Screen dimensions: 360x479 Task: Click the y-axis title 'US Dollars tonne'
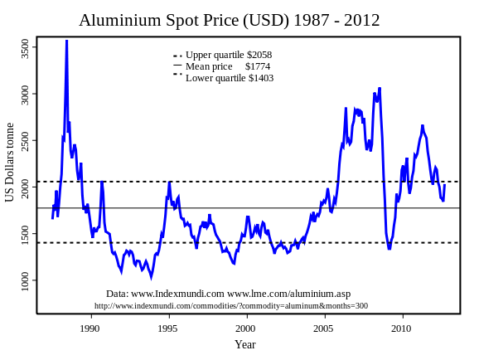point(10,163)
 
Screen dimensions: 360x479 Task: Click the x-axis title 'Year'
point(244,344)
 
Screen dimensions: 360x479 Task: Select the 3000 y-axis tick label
point(25,96)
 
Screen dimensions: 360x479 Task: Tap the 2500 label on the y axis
point(25,143)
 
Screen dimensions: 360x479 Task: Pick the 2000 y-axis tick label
point(25,189)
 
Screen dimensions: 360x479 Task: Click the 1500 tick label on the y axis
point(25,236)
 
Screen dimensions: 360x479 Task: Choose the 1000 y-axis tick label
point(25,282)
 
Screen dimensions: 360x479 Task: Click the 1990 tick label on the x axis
point(90,328)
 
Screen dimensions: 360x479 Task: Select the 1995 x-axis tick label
point(167,328)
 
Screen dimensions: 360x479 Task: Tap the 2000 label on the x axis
point(245,328)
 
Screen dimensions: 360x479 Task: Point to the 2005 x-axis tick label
point(324,328)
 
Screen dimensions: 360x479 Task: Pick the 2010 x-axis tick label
point(402,328)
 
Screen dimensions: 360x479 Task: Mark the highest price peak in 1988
point(67,41)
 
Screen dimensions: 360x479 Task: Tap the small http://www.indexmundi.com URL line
point(230,305)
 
